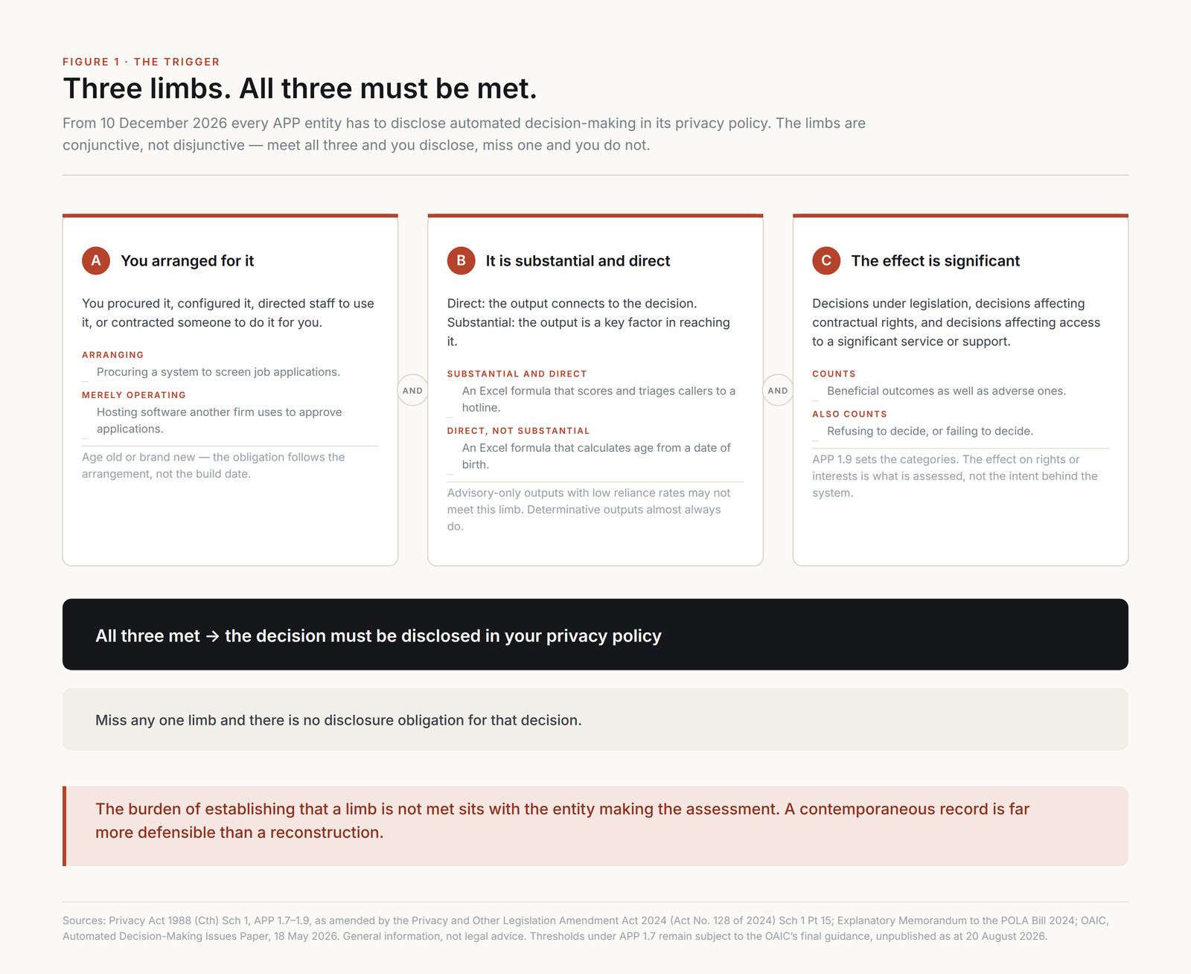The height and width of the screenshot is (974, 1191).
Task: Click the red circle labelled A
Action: point(95,260)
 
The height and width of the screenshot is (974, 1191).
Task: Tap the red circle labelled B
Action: point(461,260)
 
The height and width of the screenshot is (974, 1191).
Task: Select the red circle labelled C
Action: point(826,260)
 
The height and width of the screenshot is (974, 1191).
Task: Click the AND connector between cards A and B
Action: point(412,390)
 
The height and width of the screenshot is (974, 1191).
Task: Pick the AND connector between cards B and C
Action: point(778,390)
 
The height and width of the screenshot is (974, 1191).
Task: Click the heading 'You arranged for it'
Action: point(187,261)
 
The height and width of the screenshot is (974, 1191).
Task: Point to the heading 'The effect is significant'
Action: point(935,261)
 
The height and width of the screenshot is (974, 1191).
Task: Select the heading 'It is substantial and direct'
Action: point(578,261)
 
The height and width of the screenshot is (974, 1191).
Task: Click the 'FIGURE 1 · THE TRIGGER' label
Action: point(141,62)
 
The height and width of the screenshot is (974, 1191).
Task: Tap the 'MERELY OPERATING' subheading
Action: point(133,394)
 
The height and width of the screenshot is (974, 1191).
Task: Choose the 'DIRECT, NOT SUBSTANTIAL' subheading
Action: point(518,430)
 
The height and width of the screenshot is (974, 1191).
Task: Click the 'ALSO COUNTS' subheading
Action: point(849,414)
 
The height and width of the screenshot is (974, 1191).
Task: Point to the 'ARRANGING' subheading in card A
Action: point(112,355)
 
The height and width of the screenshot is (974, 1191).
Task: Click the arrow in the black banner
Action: point(212,636)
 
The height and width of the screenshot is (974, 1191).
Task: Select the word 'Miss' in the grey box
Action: point(111,720)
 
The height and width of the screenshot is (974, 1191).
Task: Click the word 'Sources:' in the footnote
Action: point(84,920)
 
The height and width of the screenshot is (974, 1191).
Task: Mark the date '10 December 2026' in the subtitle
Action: point(164,123)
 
